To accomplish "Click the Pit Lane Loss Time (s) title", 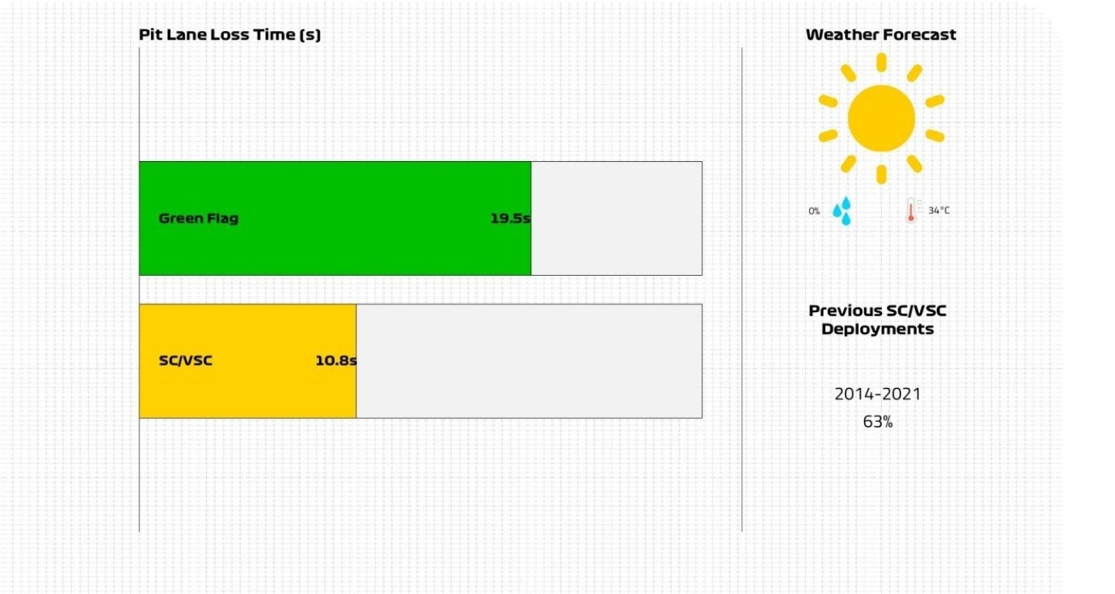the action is click(229, 35).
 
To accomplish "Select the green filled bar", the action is click(335, 218).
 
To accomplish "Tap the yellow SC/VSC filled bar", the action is click(248, 361).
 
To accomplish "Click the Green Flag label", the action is click(198, 218).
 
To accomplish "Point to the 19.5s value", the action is click(510, 218).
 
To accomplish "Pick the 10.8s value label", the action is click(336, 360).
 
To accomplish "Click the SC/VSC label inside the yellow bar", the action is click(185, 360).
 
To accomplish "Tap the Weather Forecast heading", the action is click(880, 34).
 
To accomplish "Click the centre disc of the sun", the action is click(881, 118).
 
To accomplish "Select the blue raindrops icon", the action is click(842, 211).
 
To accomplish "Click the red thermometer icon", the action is click(911, 211).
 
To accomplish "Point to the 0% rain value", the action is click(814, 211).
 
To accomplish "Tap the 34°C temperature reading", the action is click(938, 211).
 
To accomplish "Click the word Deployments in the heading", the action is click(877, 329).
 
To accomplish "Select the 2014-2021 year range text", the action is click(877, 394).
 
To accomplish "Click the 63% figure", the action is click(877, 422).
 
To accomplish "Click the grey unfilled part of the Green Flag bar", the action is click(616, 218).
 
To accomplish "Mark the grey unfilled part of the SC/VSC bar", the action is click(529, 361).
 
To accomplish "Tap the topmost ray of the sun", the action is click(881, 62).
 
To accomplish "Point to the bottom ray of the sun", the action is click(881, 174).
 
